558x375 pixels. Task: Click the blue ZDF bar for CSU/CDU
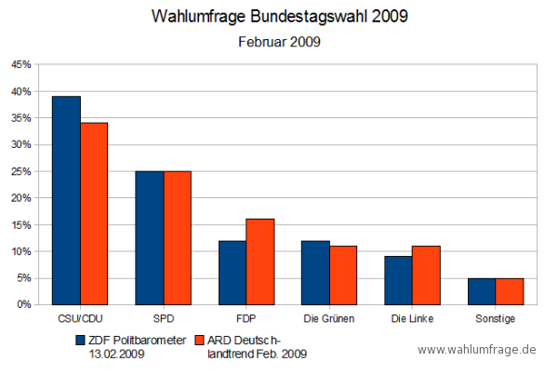[x=66, y=200]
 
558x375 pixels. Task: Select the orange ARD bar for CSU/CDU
[x=94, y=213]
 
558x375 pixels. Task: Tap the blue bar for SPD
[x=149, y=237]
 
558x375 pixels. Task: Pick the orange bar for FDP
[x=259, y=261]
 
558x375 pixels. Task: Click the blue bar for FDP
[x=232, y=272]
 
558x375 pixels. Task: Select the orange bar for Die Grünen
[x=343, y=275]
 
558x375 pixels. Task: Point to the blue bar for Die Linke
[x=398, y=280]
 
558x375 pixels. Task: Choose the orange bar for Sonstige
[x=509, y=291]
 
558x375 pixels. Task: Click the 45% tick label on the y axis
[x=20, y=65]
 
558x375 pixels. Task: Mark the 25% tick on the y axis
[x=20, y=172]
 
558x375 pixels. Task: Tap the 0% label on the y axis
[x=23, y=305]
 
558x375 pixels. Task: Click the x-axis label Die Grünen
[x=329, y=319]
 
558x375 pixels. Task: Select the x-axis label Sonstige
[x=496, y=319]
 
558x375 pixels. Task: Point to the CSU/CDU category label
[x=80, y=319]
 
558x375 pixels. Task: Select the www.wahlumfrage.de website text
[x=477, y=349]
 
